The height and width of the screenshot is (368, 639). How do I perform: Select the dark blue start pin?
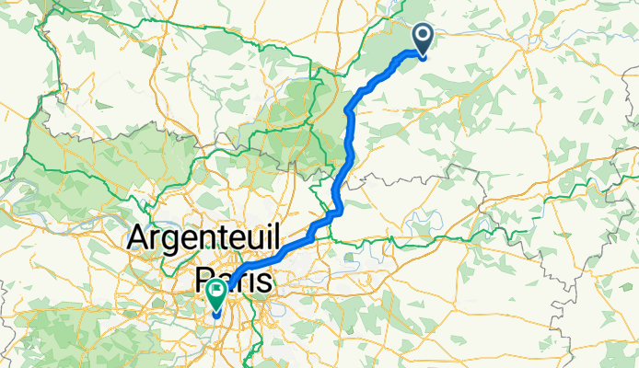424,38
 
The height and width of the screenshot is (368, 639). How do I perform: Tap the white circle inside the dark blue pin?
424,35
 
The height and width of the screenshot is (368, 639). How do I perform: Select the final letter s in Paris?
264,281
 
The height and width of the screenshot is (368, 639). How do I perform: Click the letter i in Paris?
250,280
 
